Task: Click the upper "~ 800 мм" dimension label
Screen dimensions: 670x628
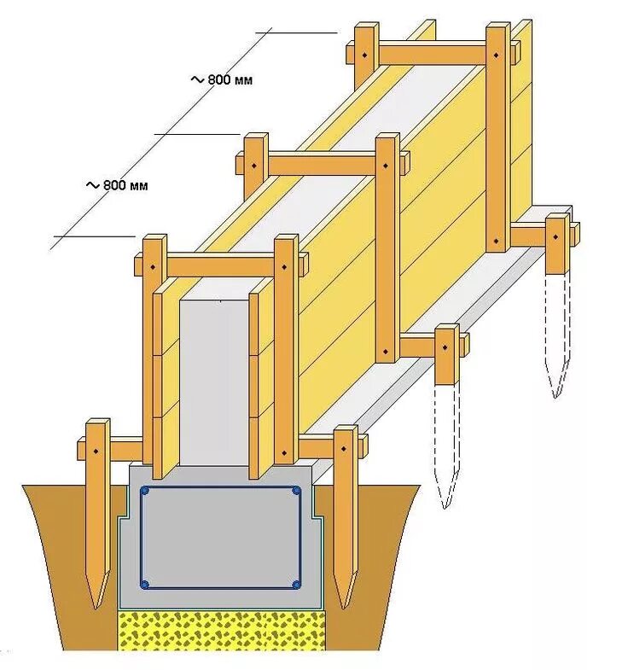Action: (223, 79)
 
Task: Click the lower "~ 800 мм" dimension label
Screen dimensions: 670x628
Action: (117, 184)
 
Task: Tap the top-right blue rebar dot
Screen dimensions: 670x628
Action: (295, 492)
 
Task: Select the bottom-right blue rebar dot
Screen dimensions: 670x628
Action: (296, 585)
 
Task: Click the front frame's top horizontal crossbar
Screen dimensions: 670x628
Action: (220, 265)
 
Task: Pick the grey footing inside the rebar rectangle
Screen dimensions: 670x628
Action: (220, 538)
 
